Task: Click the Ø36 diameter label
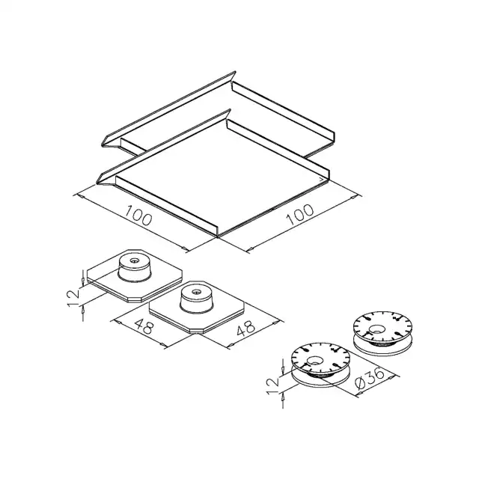[x=370, y=379]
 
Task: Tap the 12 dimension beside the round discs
[x=272, y=385]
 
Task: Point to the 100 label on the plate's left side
[x=138, y=216]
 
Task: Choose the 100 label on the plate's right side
[x=299, y=214]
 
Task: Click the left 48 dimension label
[x=144, y=326]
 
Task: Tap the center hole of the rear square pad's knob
[x=134, y=261]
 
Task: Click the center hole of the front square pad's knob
[x=196, y=292]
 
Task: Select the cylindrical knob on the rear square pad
[x=135, y=268]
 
